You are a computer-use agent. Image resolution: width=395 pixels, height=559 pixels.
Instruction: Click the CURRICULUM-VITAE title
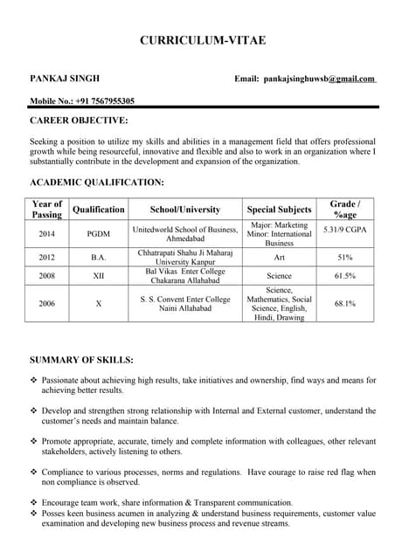coord(203,40)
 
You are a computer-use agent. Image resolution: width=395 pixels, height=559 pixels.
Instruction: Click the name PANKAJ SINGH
coord(64,79)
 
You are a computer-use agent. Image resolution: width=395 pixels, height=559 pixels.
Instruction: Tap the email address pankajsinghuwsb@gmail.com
coord(318,79)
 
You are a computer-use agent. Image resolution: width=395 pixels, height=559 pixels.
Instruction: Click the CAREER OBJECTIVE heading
coord(79,121)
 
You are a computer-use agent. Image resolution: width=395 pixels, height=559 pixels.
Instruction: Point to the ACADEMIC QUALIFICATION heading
coord(97,182)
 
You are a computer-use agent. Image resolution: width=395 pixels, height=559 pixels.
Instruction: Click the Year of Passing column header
coord(47,210)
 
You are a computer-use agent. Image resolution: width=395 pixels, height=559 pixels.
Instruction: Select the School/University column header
coord(185,210)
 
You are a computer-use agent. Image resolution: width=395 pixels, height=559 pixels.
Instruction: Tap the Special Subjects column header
coord(279,210)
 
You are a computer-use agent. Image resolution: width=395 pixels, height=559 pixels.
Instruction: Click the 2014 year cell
coord(47,234)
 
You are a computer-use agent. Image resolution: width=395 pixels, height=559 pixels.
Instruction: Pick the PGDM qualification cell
coord(98,234)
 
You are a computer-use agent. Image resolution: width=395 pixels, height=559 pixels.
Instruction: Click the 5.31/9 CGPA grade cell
coord(343,229)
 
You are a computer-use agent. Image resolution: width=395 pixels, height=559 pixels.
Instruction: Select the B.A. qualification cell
coord(98,258)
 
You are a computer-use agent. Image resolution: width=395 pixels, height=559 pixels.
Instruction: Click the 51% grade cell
coord(343,258)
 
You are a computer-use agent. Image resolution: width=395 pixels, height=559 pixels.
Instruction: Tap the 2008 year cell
coord(47,276)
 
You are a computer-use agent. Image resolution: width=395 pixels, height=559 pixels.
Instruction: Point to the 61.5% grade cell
coord(343,276)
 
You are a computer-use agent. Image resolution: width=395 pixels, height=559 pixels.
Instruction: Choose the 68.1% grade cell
coord(343,303)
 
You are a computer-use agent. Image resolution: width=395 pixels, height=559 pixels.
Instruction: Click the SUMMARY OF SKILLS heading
coord(81,359)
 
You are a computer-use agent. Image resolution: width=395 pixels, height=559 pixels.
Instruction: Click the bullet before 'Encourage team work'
coord(34,502)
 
